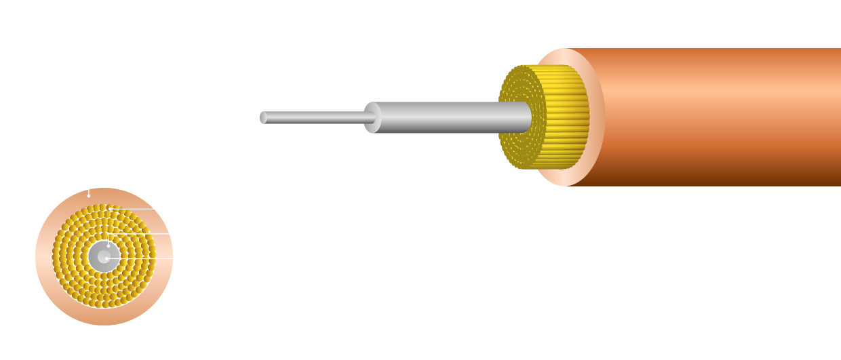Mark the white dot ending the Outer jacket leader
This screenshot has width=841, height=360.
tap(89, 195)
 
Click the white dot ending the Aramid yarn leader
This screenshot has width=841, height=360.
tap(110, 210)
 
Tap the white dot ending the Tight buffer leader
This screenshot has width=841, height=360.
tap(109, 245)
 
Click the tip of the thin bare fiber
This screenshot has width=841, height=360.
tap(263, 117)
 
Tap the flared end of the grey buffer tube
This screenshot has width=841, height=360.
tap(372, 117)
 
